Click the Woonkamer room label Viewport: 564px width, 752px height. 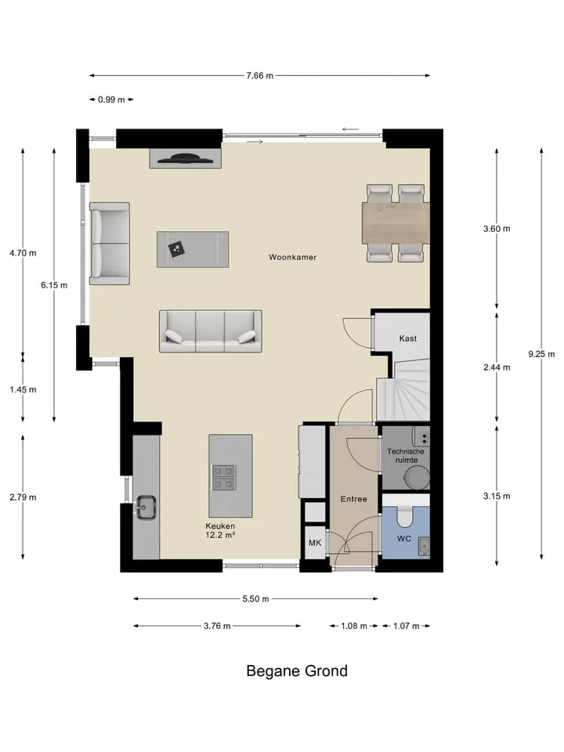point(292,257)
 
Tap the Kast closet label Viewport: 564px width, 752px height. point(407,338)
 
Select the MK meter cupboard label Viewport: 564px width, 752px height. point(315,543)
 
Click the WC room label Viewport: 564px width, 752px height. point(404,539)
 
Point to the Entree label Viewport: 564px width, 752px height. point(354,499)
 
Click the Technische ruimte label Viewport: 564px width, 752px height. point(406,456)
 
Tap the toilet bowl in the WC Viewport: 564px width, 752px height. point(405,516)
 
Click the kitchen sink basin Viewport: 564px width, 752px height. point(146,508)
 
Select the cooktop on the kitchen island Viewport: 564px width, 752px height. point(224,478)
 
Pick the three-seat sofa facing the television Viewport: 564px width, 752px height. point(211,331)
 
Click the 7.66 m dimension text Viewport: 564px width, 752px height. point(260,76)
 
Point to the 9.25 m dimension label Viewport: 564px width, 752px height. point(541,354)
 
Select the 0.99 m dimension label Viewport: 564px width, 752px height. point(111,99)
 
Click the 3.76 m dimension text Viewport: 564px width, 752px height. point(217,626)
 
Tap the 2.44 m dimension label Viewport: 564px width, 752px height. point(497,367)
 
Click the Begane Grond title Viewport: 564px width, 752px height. point(297,671)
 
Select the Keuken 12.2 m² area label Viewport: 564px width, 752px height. point(220,530)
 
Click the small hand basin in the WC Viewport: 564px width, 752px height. point(424,546)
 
